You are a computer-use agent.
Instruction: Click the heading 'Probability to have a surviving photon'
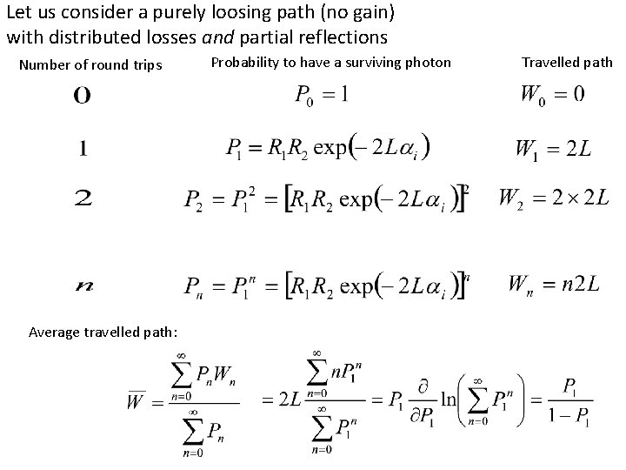[330, 62]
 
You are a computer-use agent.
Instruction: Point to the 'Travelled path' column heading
[567, 62]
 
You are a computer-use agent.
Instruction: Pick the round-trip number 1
[83, 149]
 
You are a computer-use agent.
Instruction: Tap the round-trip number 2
[83, 199]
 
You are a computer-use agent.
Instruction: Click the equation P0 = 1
[322, 94]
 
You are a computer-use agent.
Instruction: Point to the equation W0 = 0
[551, 94]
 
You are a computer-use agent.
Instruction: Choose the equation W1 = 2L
[553, 149]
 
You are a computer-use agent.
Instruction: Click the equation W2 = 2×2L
[553, 198]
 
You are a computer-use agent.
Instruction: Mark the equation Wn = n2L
[554, 284]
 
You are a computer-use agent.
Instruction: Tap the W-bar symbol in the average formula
[136, 402]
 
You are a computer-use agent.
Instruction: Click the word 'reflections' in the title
[343, 37]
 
